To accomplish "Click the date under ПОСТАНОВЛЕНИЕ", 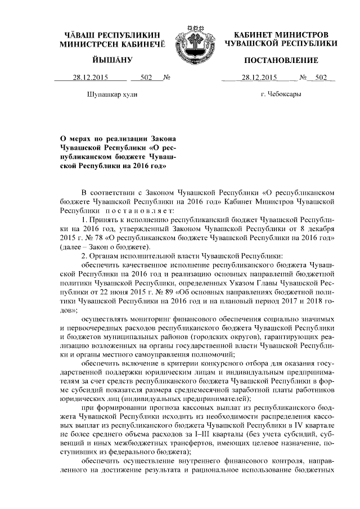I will point(260,78).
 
